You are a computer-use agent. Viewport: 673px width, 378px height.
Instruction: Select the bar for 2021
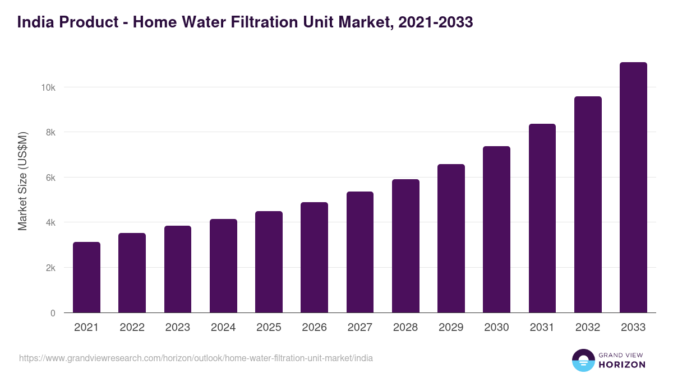tap(86, 277)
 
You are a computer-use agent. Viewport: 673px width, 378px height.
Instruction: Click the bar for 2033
tap(633, 188)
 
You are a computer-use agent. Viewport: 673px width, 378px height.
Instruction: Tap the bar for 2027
tap(360, 252)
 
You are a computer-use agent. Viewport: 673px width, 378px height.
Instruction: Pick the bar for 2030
tap(496, 230)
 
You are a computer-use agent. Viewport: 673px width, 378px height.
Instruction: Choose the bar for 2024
tap(223, 266)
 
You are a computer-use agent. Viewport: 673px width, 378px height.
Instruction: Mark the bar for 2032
tap(588, 204)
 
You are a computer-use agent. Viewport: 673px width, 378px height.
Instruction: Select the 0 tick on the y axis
tap(53, 313)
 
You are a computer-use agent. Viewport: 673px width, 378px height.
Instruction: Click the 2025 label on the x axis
tap(269, 328)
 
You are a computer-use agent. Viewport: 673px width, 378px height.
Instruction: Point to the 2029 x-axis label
tap(451, 328)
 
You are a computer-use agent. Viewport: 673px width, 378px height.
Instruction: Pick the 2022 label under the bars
tap(132, 328)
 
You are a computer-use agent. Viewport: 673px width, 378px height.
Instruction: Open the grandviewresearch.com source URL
tap(196, 358)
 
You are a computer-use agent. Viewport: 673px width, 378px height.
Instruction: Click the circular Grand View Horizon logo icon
tap(583, 360)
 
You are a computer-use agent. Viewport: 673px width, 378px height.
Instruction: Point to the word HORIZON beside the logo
tap(622, 365)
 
